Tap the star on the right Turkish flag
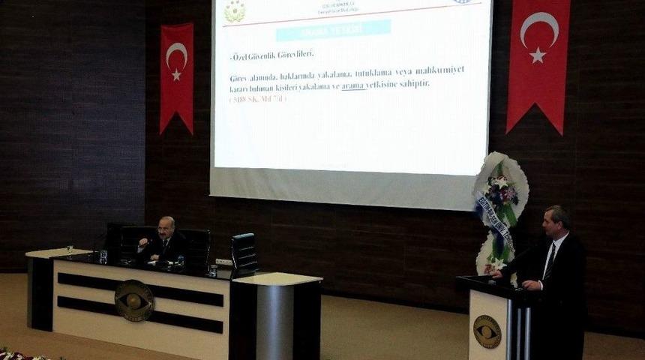click(537, 55)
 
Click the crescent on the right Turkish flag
click(538, 28)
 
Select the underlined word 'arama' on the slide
click(353, 86)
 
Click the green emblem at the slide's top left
click(235, 10)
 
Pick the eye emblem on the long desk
click(134, 300)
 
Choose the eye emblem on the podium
click(487, 331)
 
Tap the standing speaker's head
click(556, 220)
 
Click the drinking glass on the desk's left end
click(103, 257)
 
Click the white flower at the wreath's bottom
click(496, 263)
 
